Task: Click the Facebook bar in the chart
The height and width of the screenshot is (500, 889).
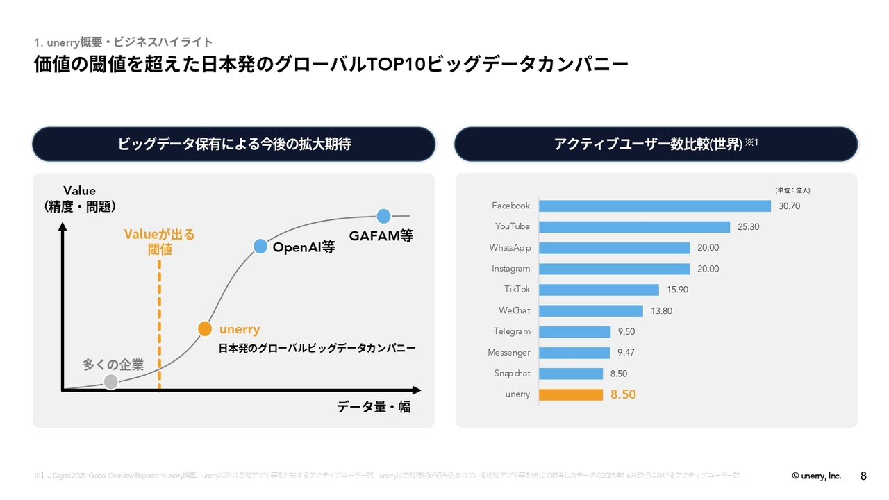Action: click(654, 206)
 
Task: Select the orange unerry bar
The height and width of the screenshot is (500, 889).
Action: click(570, 394)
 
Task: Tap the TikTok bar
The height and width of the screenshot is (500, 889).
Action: click(598, 290)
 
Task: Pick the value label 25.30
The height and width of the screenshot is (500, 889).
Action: click(748, 227)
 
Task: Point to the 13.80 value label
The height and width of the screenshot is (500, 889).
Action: click(661, 311)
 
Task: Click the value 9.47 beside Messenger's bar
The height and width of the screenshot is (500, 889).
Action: click(626, 353)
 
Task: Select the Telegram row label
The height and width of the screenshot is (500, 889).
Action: click(512, 332)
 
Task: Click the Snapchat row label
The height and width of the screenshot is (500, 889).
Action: click(512, 374)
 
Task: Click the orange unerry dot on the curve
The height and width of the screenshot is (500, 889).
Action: click(204, 328)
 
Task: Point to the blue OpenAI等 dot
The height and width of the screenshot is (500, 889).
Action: click(260, 246)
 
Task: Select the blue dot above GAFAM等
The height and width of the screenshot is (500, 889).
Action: click(383, 216)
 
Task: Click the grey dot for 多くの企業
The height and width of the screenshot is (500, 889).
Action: click(110, 381)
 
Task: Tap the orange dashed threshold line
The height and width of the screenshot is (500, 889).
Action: click(160, 326)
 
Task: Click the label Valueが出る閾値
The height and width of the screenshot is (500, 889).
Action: click(160, 242)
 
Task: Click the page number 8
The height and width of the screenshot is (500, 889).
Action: click(863, 476)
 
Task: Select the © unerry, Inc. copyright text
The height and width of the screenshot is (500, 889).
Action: click(816, 476)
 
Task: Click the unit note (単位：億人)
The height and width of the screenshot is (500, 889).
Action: click(792, 190)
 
